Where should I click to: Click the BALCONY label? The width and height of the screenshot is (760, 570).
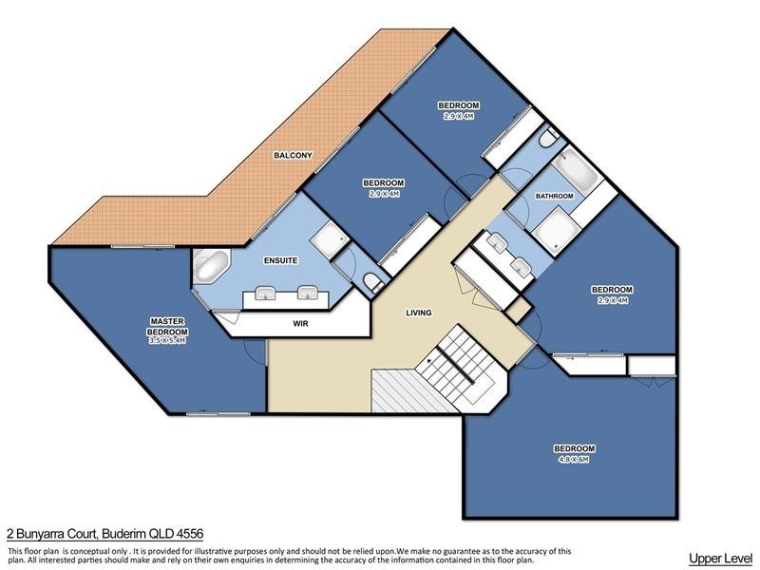coord(293,155)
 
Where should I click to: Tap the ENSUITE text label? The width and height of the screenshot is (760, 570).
coord(282,259)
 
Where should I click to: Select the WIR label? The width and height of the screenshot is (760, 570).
coord(300,323)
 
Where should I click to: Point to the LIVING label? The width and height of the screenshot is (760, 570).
coord(418,313)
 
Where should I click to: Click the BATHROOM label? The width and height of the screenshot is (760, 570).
coord(554,197)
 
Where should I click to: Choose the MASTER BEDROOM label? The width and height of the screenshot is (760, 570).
coord(167,326)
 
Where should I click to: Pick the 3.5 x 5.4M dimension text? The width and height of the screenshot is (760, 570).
coord(167,342)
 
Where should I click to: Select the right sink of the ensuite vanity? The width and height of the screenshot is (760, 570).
coord(306,294)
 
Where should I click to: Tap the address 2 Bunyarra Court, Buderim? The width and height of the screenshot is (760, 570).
coord(104,535)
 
